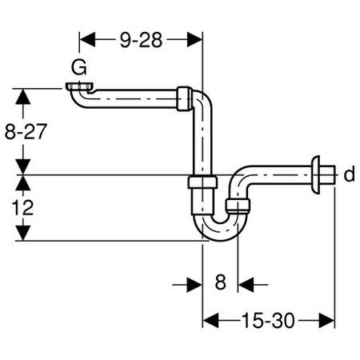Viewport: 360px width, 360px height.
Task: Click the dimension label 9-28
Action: click(141, 40)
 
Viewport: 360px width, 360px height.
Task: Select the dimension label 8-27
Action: click(26, 131)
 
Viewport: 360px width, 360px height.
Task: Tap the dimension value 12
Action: click(22, 208)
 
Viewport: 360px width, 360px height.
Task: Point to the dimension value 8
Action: click(221, 282)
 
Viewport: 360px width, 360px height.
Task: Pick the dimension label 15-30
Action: click(268, 321)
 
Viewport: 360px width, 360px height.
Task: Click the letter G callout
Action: click(79, 67)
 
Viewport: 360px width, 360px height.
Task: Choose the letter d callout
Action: click(350, 174)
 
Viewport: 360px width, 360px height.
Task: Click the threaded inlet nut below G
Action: click(79, 86)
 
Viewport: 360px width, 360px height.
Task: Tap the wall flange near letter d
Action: click(316, 174)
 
